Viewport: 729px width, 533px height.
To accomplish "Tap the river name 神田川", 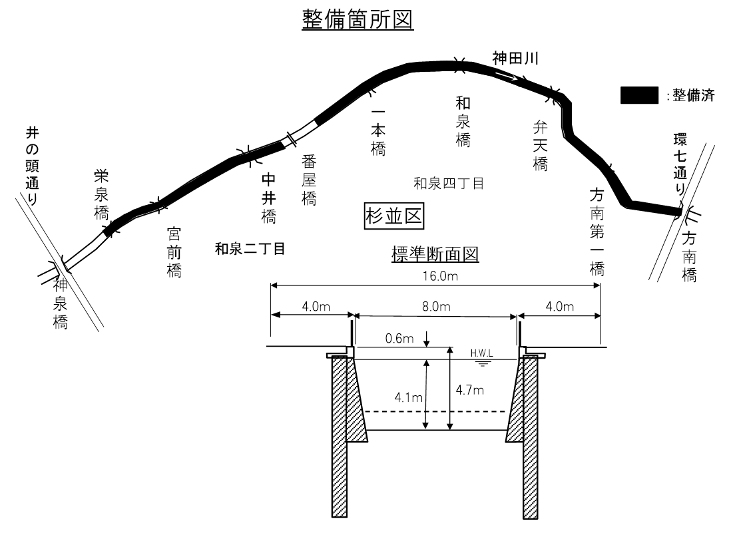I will (x=515, y=58).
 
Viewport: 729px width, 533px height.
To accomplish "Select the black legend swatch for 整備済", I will (x=640, y=95).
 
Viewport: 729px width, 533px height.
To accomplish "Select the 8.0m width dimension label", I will (x=437, y=307).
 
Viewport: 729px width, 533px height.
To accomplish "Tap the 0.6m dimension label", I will (x=399, y=339).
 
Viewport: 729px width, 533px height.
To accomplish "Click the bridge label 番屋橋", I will (x=309, y=180).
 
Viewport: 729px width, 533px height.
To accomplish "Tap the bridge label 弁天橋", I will (x=540, y=146).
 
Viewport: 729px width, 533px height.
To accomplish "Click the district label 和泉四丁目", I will (x=448, y=182).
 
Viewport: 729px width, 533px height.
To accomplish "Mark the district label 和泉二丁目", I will (x=250, y=249).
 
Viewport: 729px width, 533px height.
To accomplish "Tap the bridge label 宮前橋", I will (x=174, y=252).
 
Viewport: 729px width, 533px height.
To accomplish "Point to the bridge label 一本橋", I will (x=377, y=131).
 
